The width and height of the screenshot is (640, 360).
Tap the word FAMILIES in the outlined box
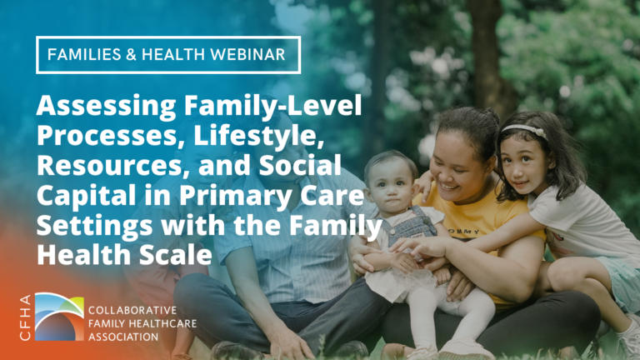[81, 54]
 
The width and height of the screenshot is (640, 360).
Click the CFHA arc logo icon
[58, 316]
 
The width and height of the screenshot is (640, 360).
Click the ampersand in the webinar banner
[133, 54]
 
